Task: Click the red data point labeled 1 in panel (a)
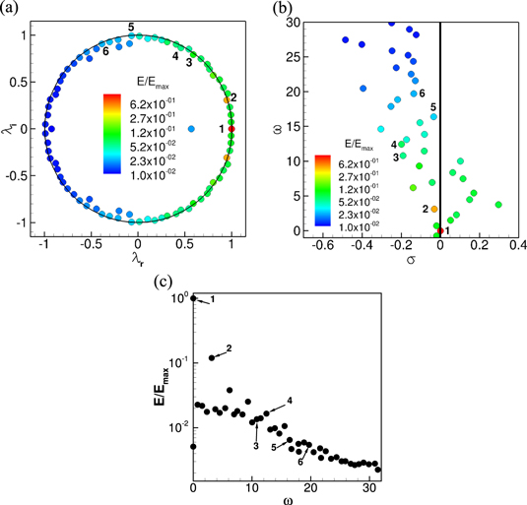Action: [x=231, y=129]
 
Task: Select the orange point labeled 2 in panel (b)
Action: [x=433, y=209]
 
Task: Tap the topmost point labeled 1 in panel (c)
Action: [x=194, y=298]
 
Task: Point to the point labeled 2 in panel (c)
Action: [x=212, y=357]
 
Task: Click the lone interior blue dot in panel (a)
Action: [x=191, y=129]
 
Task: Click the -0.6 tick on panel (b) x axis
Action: [x=320, y=245]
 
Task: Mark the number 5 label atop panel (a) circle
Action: [x=131, y=26]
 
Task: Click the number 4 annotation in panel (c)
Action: [x=290, y=401]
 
